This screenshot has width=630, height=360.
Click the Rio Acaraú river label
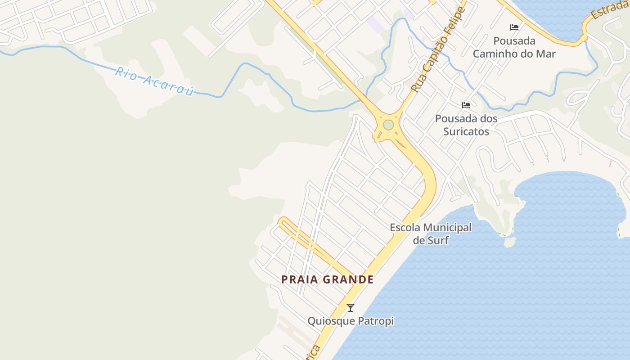pos(154,81)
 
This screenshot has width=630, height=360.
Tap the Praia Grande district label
pos(327,279)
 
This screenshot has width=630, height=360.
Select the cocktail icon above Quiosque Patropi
pos(351,308)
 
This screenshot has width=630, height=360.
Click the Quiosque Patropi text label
pos(351,321)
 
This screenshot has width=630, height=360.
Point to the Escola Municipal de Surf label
pos(431,234)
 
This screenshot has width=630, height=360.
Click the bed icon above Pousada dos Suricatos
pos(466,105)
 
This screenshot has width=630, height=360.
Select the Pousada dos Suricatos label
pos(466,125)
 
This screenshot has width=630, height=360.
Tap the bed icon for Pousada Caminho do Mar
pos(514,27)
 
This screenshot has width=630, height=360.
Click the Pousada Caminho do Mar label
pos(514,47)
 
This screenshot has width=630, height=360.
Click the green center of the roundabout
pos(388,125)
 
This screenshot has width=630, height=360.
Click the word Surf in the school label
pos(438,240)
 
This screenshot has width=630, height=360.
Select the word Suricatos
pos(466,131)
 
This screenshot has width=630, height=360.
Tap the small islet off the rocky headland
pos(509,242)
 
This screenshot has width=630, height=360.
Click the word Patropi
pos(375,321)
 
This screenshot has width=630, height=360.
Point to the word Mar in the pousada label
pos(546,54)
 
